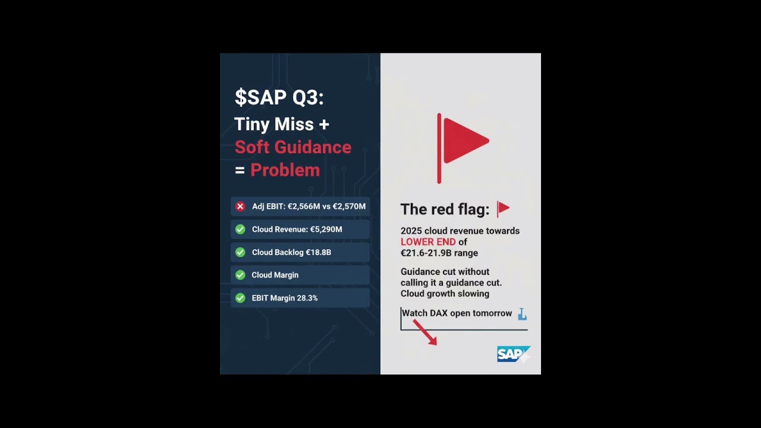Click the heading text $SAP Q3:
279,97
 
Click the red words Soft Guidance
293,147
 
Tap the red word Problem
285,170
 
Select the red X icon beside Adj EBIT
240,206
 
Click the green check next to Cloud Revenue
240,229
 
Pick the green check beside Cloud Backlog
240,252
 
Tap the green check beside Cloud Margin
240,275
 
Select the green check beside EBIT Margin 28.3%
240,298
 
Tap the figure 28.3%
307,298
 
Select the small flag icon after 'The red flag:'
503,209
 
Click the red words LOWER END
427,242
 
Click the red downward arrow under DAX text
426,333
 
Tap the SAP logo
512,354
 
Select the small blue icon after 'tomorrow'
522,314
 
